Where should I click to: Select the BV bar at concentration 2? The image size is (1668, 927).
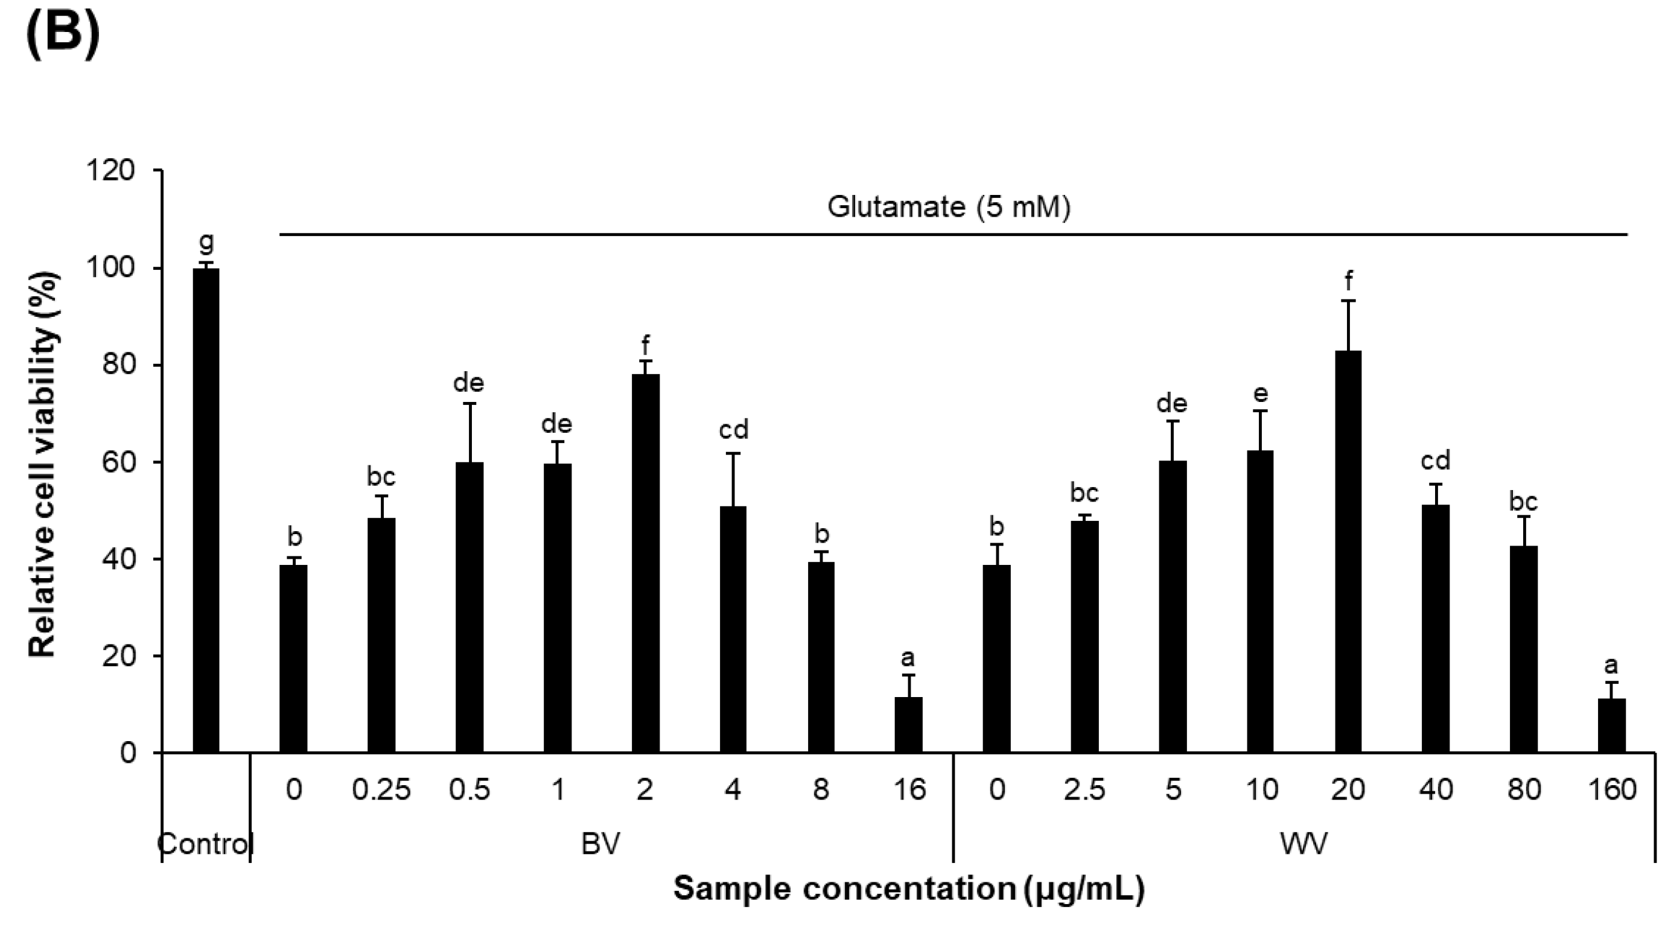click(645, 563)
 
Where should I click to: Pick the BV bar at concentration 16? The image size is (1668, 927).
click(908, 724)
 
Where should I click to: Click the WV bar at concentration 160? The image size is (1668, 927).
click(1612, 725)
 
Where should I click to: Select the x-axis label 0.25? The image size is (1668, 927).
click(381, 790)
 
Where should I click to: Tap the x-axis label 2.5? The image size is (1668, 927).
click(1084, 790)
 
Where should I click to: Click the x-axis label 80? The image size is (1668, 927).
click(1524, 790)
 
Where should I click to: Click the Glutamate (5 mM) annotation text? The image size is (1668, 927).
click(949, 208)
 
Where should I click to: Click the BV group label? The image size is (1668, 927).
click(600, 844)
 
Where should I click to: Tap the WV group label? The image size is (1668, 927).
click(1304, 844)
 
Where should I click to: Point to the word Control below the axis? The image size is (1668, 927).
click(205, 844)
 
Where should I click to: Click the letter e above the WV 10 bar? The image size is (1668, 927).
click(1260, 393)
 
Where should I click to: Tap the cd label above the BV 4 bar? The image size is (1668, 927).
click(733, 429)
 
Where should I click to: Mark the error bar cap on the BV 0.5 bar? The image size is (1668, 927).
click(470, 403)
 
